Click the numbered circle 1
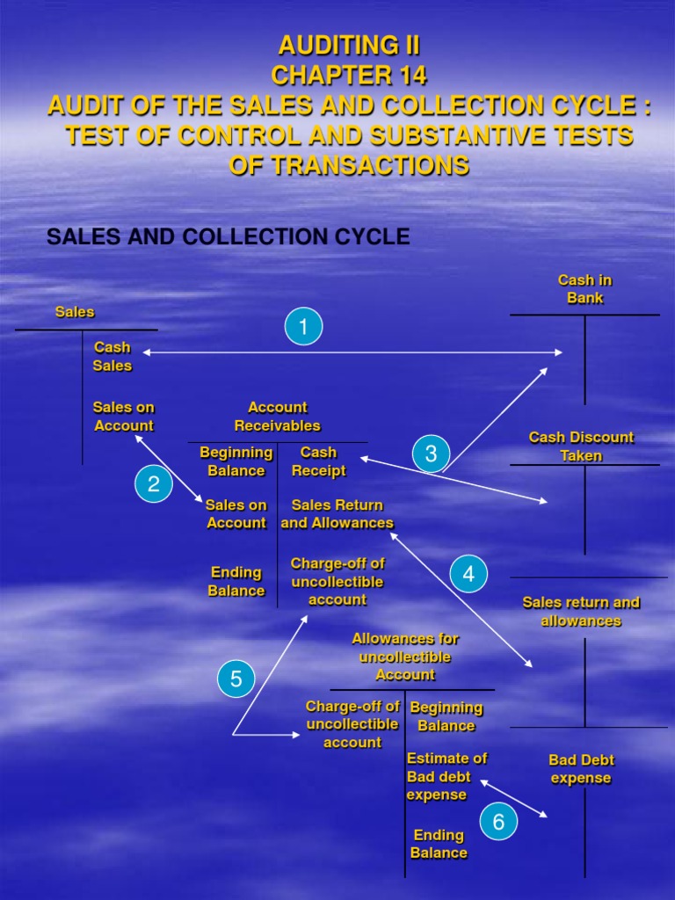pos(303,328)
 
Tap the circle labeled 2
pos(154,484)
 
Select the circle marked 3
pos(431,454)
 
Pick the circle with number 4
pos(468,575)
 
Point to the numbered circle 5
pos(236,679)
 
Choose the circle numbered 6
pos(498,822)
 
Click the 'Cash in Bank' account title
pos(584,289)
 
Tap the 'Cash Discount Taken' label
pos(581,446)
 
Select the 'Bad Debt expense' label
pos(581,769)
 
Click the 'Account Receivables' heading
pos(277,417)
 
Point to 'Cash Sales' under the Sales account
pos(112,357)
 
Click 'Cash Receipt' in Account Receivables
pos(318,461)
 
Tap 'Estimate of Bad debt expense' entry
pos(446,776)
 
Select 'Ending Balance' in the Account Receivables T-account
pos(236,582)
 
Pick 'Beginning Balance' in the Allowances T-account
pos(446,716)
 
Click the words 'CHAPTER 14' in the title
pos(349,76)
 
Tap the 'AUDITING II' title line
pos(349,46)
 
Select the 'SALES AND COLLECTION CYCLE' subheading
pos(228,236)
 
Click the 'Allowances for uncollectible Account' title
pos(405,657)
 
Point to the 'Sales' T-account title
pos(75,312)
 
